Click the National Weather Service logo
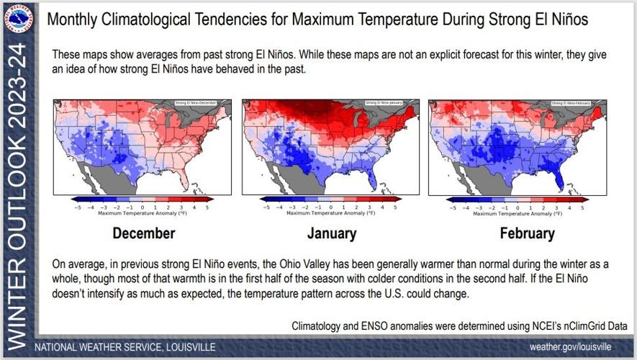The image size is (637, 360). (18, 18)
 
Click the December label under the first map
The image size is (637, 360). (144, 233)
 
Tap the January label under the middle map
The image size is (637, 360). (331, 233)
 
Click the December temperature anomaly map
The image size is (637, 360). (143, 147)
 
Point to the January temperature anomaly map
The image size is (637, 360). (331, 147)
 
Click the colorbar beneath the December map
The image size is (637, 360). (143, 199)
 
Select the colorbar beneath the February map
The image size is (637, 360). (517, 199)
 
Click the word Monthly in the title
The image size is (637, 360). (71, 19)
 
